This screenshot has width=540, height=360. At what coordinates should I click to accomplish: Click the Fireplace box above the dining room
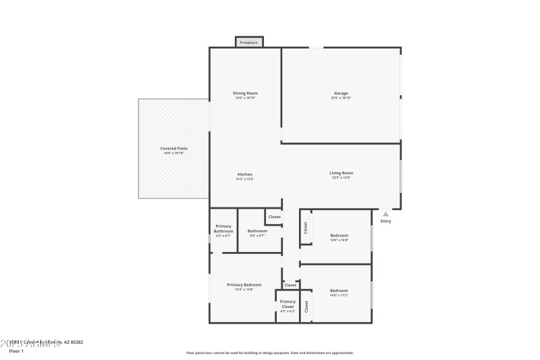click(x=249, y=43)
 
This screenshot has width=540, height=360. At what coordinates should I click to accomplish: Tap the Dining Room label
click(x=245, y=93)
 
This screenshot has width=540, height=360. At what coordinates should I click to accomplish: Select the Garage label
click(x=341, y=93)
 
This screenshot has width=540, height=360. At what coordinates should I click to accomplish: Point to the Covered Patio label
click(x=173, y=148)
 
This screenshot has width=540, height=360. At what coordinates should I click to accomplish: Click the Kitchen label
click(x=244, y=174)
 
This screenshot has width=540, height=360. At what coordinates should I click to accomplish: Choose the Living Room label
click(x=341, y=173)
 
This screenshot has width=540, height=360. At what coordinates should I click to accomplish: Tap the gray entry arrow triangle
click(x=385, y=213)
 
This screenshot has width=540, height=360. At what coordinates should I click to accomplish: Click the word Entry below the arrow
click(x=385, y=222)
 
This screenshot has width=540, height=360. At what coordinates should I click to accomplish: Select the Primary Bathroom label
click(x=223, y=228)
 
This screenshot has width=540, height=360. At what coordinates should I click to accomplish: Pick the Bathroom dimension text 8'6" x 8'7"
click(x=257, y=236)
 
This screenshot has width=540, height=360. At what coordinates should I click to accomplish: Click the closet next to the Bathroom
click(x=274, y=217)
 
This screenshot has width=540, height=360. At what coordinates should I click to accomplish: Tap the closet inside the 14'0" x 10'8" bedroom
click(x=305, y=228)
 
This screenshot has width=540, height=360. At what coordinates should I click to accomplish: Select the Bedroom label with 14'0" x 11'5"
click(x=339, y=290)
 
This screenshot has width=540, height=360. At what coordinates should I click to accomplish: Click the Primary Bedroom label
click(x=244, y=285)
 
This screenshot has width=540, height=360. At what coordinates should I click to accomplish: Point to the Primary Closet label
click(x=288, y=304)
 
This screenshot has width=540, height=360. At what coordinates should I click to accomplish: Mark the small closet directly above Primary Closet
click(x=290, y=285)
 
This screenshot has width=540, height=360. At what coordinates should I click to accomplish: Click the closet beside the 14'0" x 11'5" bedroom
click(x=306, y=306)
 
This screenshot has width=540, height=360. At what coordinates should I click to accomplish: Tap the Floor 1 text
click(x=16, y=351)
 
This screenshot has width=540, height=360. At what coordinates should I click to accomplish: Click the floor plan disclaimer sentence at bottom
click(x=269, y=353)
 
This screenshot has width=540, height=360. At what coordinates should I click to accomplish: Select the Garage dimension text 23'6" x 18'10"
click(x=341, y=99)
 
